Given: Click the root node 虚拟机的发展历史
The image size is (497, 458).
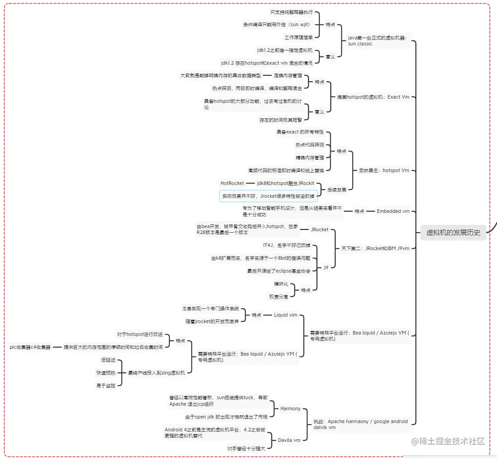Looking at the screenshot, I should coord(453,233).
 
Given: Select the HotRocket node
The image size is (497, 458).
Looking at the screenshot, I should coord(232,183).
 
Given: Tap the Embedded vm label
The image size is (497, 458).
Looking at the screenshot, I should coord(393,212).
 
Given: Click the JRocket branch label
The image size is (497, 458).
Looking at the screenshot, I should coord(320,229).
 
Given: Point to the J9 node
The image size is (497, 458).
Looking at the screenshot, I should coord(326,267).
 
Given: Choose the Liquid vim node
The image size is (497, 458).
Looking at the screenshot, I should coord(285,315).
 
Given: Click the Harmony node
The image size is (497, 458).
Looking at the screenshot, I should coord(290,408).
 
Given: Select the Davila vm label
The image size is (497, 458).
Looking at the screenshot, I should coord(289,440).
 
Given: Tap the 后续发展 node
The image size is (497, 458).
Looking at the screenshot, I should coord(337,189).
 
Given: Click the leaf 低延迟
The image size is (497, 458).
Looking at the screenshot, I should coord(108,360).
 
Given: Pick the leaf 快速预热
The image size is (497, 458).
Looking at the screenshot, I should coord(106,373).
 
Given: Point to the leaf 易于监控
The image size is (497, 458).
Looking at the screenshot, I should coord(106,385).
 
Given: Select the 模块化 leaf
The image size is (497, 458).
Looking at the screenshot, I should coord(281,284).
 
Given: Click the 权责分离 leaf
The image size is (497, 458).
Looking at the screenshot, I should coord(279,296).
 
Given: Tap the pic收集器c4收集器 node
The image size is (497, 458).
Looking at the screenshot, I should coord(30,347).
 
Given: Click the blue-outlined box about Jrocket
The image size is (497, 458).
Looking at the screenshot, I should coord(268,196).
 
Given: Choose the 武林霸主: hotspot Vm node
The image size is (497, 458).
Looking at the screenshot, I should coord(384,170).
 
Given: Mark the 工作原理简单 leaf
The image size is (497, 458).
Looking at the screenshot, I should coord(298,37).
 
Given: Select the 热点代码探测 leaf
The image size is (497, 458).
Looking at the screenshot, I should coord(310,145).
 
